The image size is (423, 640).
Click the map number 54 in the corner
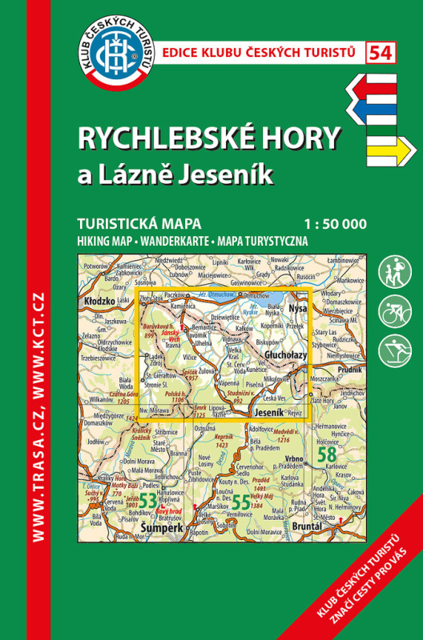381,53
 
